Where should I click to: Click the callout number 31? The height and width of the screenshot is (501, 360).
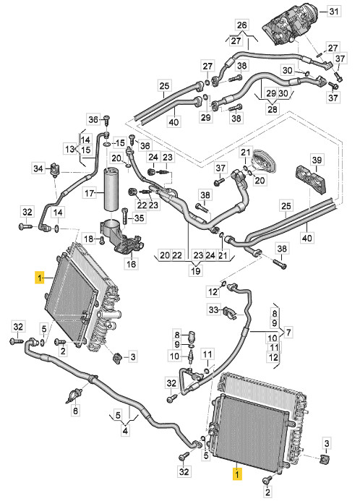[x=333, y=12]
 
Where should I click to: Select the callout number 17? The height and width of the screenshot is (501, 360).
[x=90, y=193]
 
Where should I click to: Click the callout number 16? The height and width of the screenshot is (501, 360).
[x=132, y=264]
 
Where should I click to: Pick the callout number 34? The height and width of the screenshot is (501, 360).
[x=38, y=168]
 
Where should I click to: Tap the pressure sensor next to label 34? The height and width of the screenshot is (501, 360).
[x=55, y=168]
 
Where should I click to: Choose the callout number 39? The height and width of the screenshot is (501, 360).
[x=317, y=160]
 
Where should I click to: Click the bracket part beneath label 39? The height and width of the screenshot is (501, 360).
[x=311, y=181]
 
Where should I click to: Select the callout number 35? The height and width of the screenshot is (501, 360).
[x=140, y=218]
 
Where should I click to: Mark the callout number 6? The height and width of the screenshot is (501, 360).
[x=75, y=410]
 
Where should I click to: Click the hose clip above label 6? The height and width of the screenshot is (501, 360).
[x=75, y=395]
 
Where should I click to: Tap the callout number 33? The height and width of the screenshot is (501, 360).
[x=213, y=309]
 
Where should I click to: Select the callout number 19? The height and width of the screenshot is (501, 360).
[x=196, y=270]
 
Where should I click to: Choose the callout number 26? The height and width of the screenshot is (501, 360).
[x=242, y=25]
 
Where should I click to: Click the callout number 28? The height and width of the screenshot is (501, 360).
[x=272, y=109]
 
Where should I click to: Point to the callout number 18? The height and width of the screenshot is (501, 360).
[x=89, y=239]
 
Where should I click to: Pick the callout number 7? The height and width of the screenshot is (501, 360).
[x=288, y=333]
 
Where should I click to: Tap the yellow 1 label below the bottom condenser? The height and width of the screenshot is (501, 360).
[x=236, y=474]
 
